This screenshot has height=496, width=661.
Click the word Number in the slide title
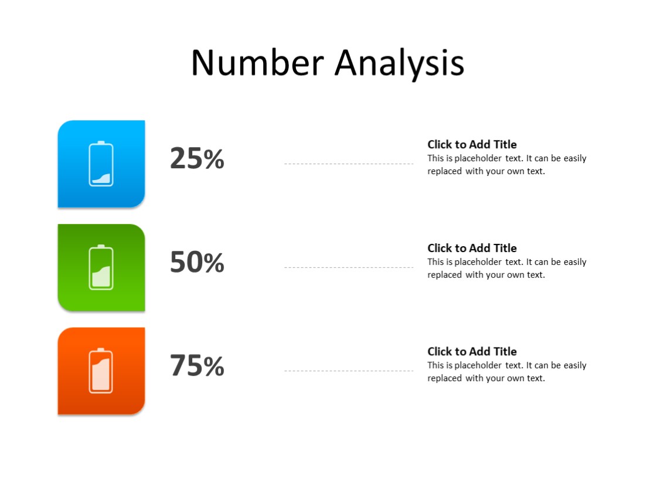click(257, 63)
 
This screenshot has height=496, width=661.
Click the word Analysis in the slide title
click(399, 64)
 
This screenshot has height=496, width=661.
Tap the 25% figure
click(197, 159)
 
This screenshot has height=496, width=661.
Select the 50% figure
click(197, 263)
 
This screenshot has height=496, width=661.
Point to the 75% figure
click(197, 366)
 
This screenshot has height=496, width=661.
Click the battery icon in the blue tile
click(101, 164)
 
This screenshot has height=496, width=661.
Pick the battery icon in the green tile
click(101, 267)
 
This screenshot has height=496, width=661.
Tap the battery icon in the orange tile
click(101, 371)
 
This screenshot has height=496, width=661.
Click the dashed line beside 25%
click(349, 164)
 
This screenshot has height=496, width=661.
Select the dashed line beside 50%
click(349, 267)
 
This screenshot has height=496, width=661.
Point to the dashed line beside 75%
click(349, 371)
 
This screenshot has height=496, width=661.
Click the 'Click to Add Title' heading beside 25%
click(472, 144)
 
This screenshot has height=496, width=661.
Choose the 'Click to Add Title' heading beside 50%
click(472, 248)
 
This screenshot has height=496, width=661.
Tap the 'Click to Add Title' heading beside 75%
click(472, 351)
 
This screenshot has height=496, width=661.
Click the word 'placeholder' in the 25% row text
click(478, 158)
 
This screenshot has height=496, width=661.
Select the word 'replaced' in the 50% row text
click(444, 275)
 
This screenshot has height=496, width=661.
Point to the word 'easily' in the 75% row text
click(575, 365)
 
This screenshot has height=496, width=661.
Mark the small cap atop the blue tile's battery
click(101, 142)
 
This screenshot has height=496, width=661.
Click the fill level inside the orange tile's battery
click(101, 377)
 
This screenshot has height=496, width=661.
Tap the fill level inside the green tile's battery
click(101, 277)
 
